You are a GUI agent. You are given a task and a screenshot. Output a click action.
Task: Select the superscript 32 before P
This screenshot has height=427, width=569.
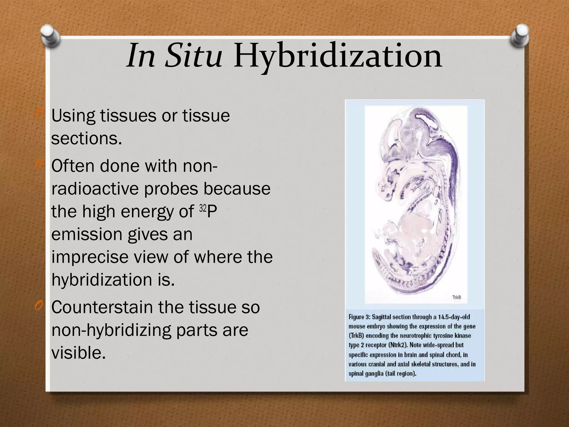tap(203, 208)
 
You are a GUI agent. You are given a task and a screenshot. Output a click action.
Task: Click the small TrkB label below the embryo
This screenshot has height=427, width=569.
tap(456, 297)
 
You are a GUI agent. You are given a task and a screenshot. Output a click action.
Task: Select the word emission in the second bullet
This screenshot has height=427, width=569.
tap(87, 234)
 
